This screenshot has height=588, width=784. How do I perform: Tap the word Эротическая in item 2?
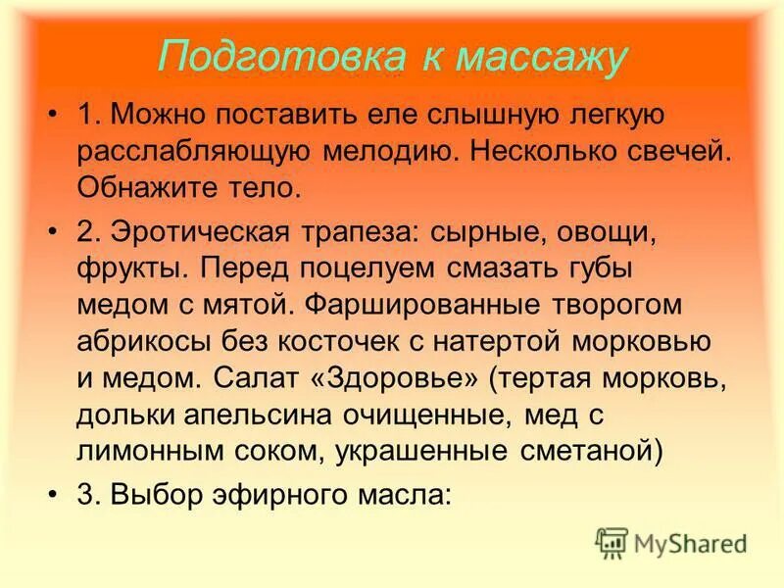(206, 231)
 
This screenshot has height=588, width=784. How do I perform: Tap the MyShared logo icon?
(612, 542)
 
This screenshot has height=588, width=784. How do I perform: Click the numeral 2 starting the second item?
(86, 231)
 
